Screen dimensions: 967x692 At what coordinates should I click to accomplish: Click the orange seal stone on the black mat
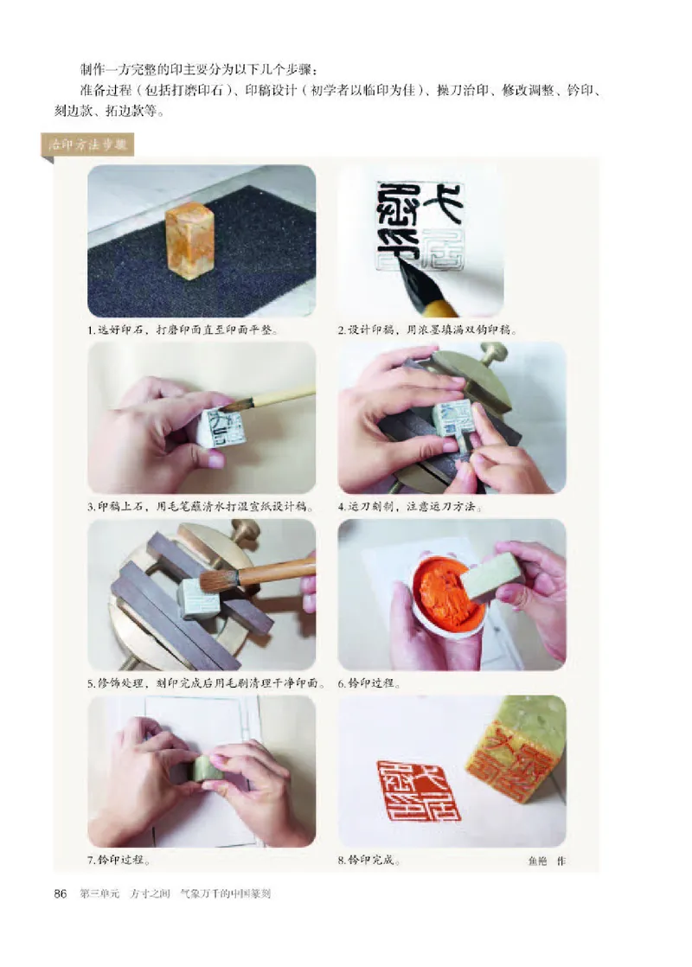point(190,240)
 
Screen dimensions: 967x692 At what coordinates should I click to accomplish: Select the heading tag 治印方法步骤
point(86,145)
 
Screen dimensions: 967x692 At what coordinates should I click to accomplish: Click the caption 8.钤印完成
point(368,861)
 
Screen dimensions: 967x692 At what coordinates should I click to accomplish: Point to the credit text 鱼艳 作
point(546,861)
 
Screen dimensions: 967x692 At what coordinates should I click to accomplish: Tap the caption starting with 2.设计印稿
point(428,330)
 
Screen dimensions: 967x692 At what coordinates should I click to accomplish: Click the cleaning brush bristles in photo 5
point(215,580)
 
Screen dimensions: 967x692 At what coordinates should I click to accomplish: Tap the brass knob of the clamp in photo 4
point(494,352)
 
